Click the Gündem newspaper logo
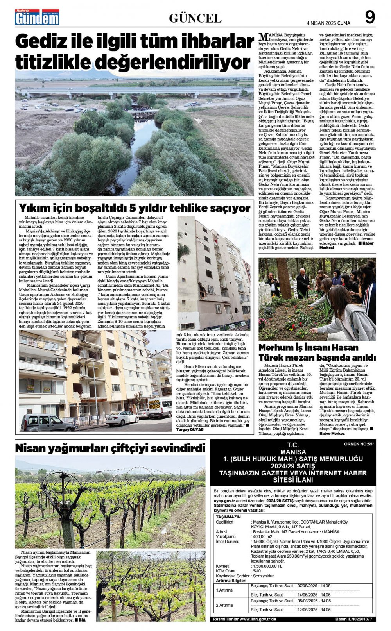coord(37,18)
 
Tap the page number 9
coord(369,18)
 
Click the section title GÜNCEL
coord(195,18)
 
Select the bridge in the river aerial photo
coord(133,93)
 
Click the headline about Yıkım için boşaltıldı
coord(135,207)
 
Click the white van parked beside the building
coord(160,408)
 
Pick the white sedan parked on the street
coord(122,418)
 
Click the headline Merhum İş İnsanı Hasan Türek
coord(317,352)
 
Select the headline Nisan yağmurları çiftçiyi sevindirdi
coord(110,448)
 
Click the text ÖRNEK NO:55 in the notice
coord(359,444)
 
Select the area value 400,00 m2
coord(262,536)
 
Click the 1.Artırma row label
coord(224,590)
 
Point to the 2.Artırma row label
coord(224,605)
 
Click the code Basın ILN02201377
coord(353,619)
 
